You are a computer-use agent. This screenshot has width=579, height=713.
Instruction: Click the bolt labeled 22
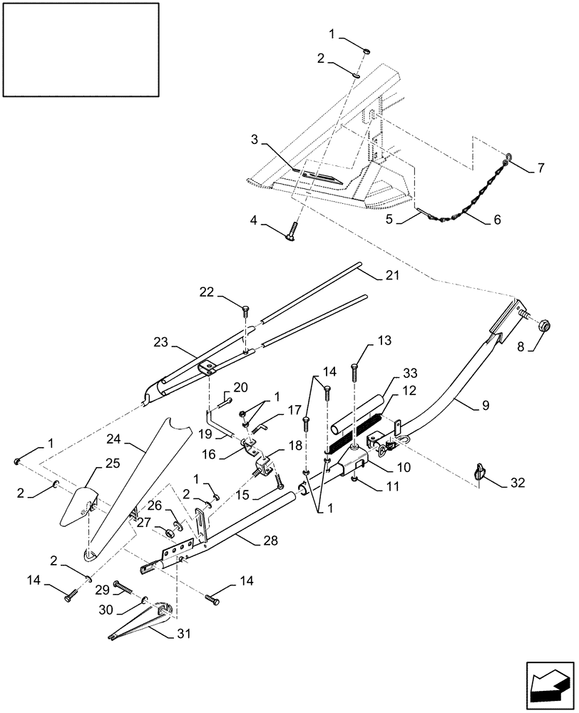tap(246, 310)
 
